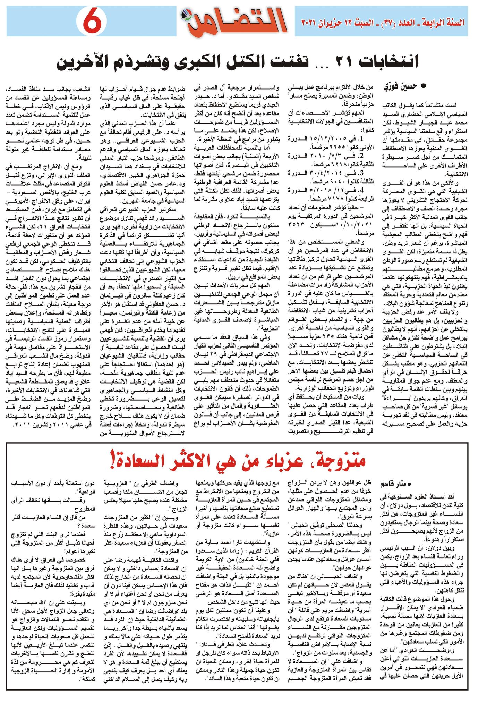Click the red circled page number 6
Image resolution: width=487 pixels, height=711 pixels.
pyautogui.click(x=90, y=22)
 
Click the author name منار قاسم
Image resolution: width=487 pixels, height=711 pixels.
pyautogui.click(x=395, y=484)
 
